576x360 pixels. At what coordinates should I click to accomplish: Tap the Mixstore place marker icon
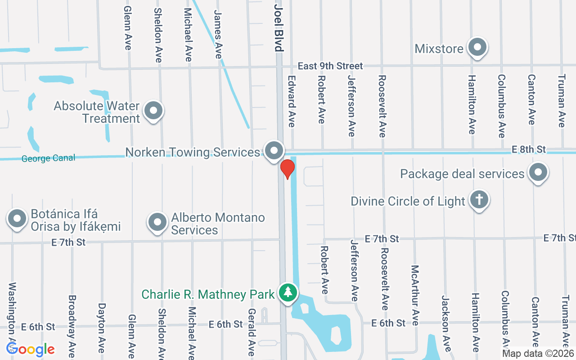[477, 47]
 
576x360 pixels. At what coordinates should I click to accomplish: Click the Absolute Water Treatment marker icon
[153, 111]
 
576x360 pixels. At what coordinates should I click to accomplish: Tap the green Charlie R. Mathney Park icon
[288, 293]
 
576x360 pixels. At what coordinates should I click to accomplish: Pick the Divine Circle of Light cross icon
[479, 200]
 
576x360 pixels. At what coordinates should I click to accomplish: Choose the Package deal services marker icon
[537, 172]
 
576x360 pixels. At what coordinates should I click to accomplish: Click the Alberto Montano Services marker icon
[157, 222]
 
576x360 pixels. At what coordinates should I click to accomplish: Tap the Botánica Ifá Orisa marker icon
[17, 219]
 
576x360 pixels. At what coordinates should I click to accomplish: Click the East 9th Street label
[330, 66]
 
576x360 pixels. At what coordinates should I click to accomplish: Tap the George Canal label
[48, 158]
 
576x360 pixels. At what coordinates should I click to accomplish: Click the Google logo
[31, 349]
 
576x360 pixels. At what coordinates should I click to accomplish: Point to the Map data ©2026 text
[538, 353]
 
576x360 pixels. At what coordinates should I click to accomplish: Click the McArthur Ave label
[415, 295]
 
